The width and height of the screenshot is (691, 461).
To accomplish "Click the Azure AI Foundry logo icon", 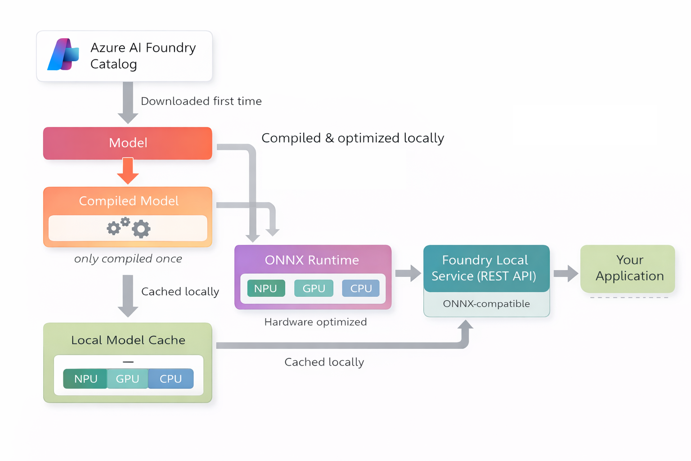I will (63, 55).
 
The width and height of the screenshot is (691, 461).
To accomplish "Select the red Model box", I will (128, 143).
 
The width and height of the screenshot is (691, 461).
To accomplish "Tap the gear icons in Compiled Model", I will (129, 228).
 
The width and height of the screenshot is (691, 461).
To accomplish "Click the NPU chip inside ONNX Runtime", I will (266, 289).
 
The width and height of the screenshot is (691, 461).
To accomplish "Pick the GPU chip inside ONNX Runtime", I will (314, 289).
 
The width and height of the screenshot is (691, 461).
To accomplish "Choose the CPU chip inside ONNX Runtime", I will (361, 289).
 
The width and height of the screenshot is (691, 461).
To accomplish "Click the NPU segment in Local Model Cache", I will (85, 379).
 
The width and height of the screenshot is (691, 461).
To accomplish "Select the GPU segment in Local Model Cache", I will (127, 379).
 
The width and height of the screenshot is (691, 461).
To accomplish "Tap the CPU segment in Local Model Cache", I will (171, 379).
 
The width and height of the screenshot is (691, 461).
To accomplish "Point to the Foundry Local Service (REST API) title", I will (485, 268).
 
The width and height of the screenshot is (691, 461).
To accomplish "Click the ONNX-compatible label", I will (486, 304).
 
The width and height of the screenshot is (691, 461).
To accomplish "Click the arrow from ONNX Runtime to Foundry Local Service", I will (408, 273).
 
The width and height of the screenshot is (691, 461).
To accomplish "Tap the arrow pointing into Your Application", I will (565, 273).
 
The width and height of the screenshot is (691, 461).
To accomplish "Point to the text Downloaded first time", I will (201, 101).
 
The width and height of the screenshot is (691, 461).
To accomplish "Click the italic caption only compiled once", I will (128, 259).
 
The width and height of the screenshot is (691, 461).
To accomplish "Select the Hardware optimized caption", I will (315, 322).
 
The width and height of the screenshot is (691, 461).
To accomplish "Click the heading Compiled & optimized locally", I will (353, 138).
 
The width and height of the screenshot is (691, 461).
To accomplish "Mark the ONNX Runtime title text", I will (312, 260).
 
